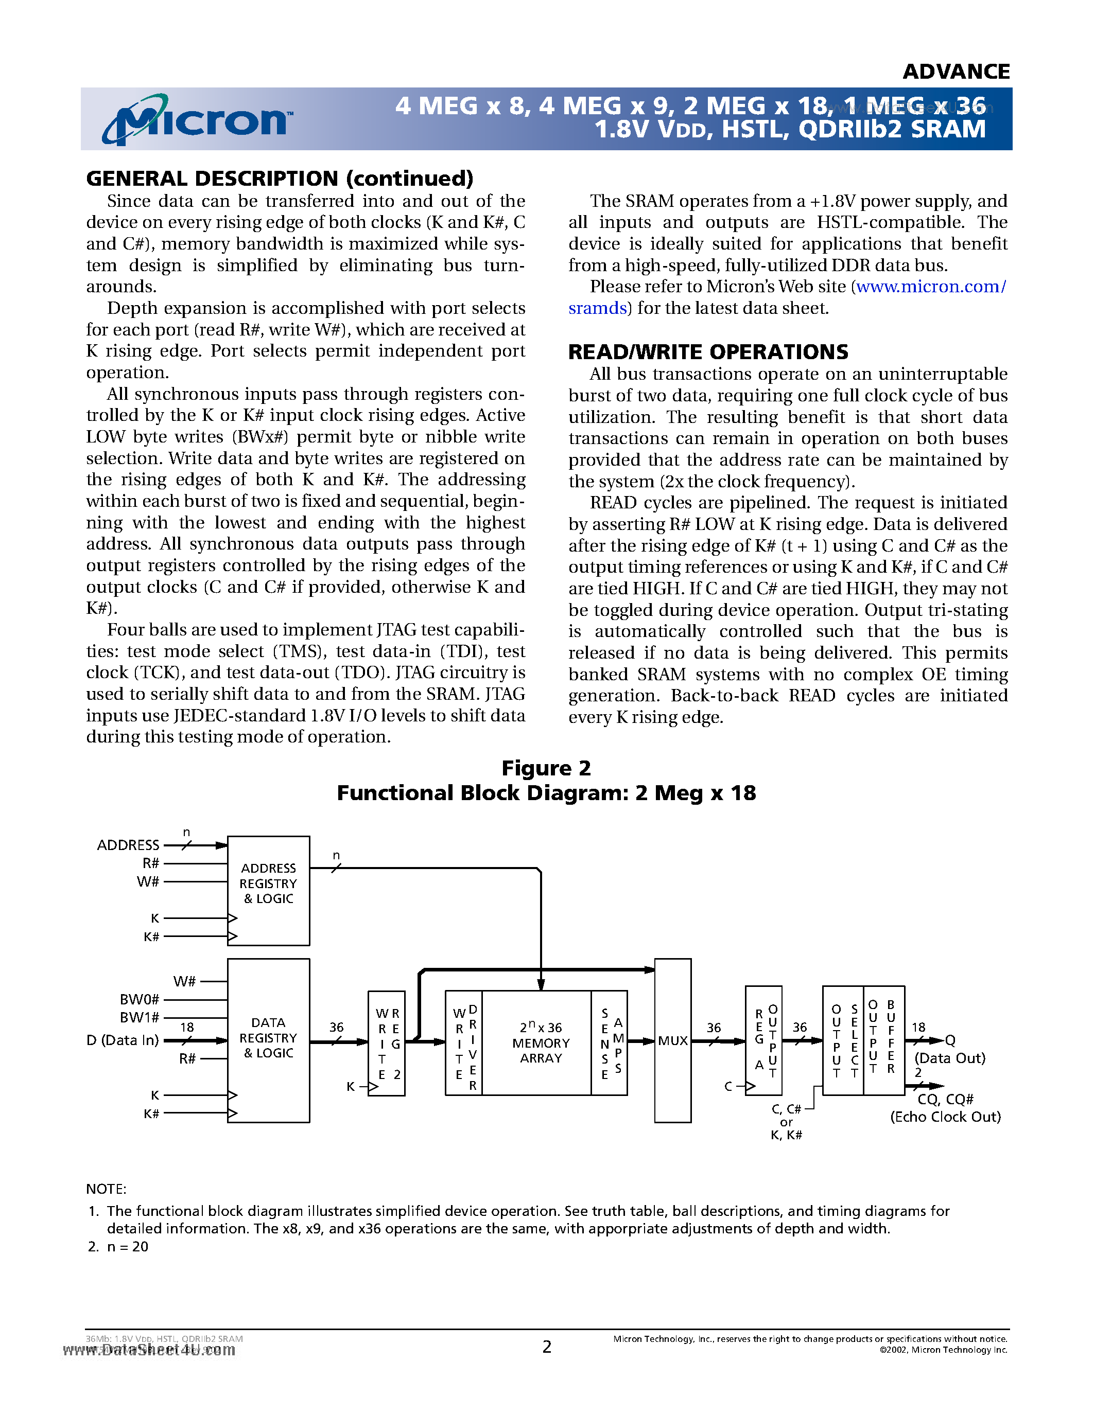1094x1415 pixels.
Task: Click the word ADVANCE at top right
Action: point(956,72)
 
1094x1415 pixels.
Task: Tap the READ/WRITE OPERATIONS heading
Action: point(708,352)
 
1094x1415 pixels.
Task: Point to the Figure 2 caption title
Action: point(546,768)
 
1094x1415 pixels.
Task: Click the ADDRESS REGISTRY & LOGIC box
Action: point(268,890)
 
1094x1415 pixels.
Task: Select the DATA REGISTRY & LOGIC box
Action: point(268,1040)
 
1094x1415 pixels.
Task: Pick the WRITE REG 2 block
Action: point(387,1043)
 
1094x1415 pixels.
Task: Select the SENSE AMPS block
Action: point(610,1042)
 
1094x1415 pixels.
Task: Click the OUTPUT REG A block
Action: point(764,1040)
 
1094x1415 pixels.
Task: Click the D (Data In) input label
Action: point(123,1040)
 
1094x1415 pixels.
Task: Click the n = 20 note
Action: point(127,1247)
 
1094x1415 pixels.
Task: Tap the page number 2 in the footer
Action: point(546,1347)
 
